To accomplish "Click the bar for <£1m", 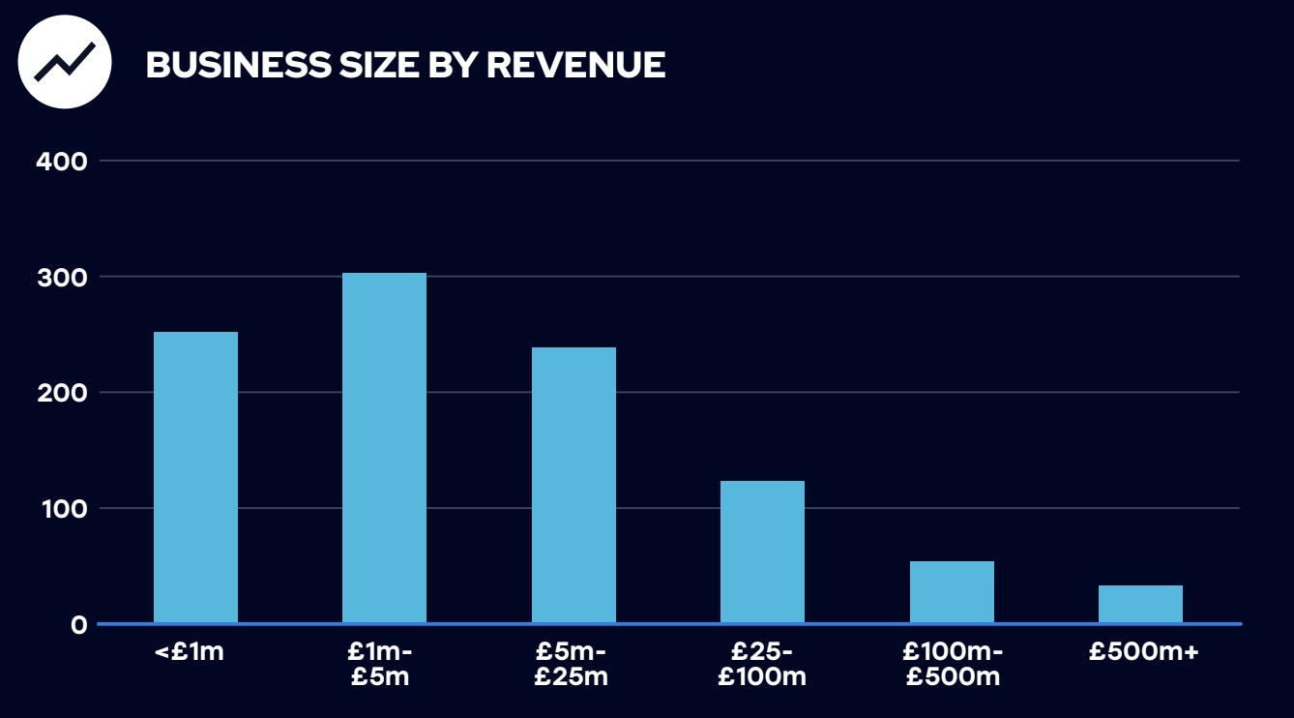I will point(195,478).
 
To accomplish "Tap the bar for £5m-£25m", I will point(573,485).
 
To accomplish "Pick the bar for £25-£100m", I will point(762,552).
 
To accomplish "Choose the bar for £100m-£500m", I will point(952,591).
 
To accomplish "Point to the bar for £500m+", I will point(1140,604).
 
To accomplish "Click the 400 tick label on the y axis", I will point(62,161).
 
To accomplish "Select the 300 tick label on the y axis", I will point(62,278).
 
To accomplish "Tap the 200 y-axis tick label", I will point(62,393).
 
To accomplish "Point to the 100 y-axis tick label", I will point(62,509).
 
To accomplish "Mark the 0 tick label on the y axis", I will point(78,625).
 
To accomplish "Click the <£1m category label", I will point(190,652).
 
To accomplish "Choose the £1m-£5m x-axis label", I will point(380,664).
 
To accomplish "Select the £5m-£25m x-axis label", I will point(571,664).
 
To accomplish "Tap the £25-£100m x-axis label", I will point(762,664).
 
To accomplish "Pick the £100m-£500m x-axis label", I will point(954,664).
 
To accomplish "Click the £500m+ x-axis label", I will point(1143,652).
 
